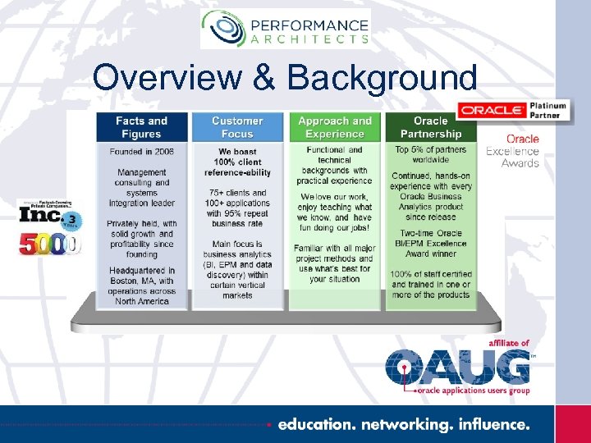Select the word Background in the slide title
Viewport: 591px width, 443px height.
[383, 78]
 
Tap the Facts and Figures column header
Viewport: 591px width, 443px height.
[141, 127]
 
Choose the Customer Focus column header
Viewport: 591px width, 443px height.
[237, 127]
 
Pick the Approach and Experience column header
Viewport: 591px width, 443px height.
[334, 127]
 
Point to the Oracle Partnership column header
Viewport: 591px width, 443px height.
[431, 127]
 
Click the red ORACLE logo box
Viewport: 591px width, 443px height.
[491, 110]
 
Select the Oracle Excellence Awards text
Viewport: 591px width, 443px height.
[513, 151]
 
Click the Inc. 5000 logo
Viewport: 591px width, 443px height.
[49, 227]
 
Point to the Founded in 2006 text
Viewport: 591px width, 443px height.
[141, 152]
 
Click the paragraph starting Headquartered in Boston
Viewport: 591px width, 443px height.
[141, 285]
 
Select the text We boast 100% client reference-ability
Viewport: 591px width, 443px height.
[237, 162]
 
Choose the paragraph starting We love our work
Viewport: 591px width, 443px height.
[334, 213]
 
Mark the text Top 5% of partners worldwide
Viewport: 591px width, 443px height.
[431, 155]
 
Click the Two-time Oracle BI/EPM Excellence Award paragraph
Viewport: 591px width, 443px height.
[431, 244]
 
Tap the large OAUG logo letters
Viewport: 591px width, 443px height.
[458, 367]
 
